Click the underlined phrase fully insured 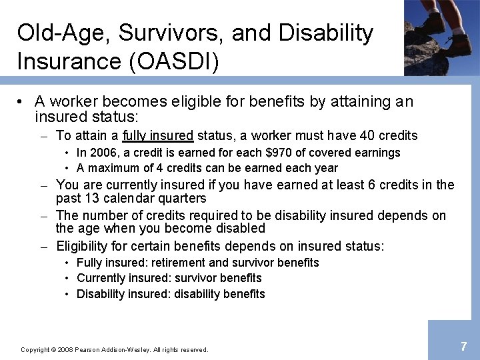[x=158, y=136]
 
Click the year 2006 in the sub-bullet [x=100, y=153]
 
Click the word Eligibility [x=82, y=247]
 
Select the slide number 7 [x=463, y=346]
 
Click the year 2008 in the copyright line [x=63, y=350]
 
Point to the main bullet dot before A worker [x=21, y=102]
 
